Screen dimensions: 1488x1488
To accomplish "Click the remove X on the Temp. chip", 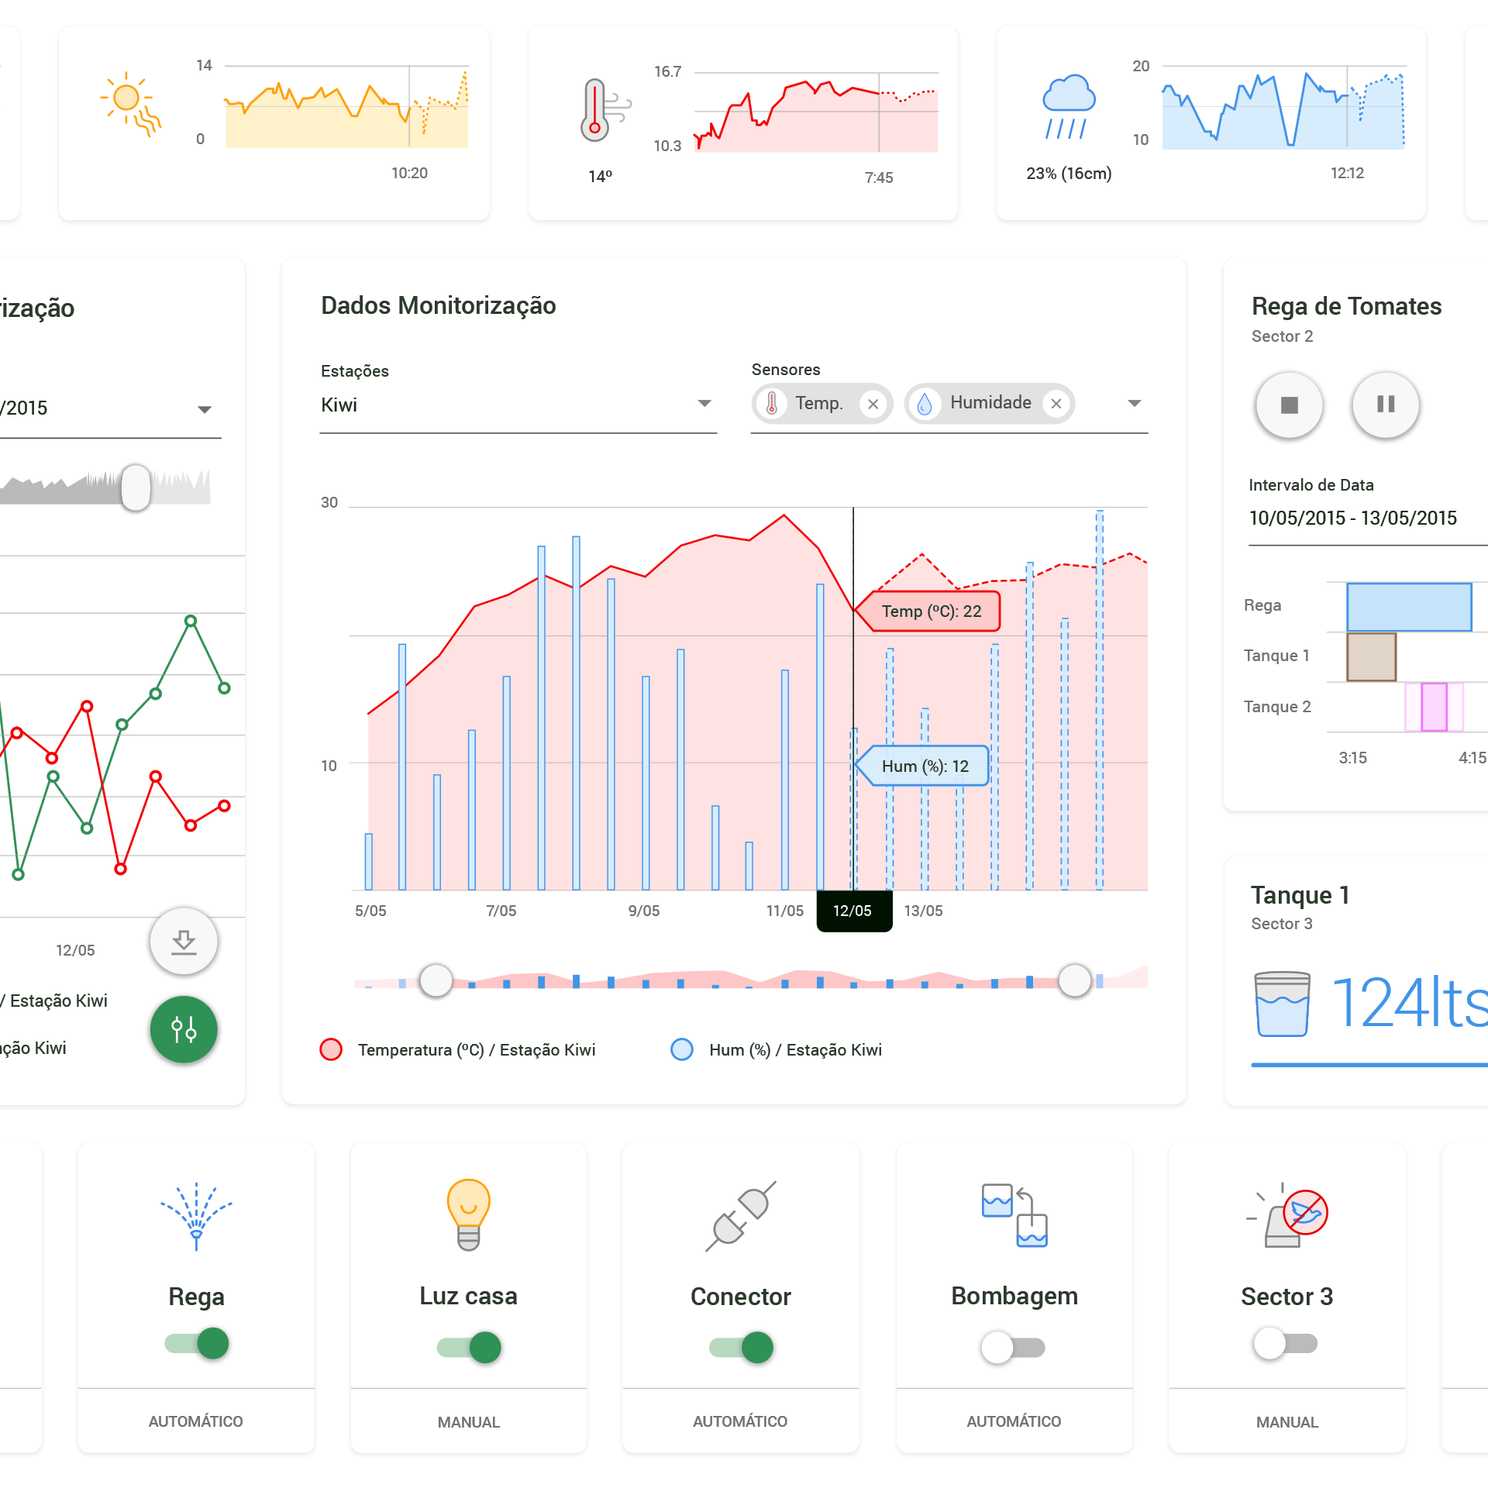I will point(873,404).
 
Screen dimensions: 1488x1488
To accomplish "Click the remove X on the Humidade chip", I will point(1056,404).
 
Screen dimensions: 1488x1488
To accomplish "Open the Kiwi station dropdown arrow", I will point(704,403).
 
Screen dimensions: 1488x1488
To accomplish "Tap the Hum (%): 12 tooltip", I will point(924,766).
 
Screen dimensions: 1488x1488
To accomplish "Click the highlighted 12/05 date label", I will point(852,911).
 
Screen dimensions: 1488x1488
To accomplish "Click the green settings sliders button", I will point(184,1029).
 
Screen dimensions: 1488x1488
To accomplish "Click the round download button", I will point(184,941).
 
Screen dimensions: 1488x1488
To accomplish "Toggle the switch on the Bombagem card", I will point(1013,1347).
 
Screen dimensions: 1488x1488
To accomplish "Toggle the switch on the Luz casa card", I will point(469,1347).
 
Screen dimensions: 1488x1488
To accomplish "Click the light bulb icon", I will point(468,1214).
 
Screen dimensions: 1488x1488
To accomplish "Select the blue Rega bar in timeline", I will point(1408,607).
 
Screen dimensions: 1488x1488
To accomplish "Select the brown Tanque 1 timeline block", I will point(1371,657).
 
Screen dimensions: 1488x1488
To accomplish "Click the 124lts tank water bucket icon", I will point(1282,1004).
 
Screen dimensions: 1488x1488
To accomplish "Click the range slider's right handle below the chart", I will point(1074,980).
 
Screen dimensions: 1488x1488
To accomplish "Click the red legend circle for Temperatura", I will point(331,1049).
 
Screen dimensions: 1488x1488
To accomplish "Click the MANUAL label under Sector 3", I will point(1286,1422).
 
